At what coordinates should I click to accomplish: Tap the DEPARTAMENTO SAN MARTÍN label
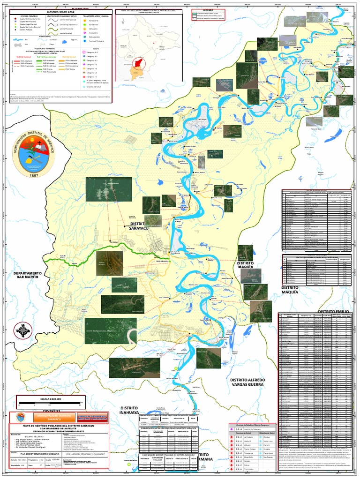pyautogui.click(x=28, y=275)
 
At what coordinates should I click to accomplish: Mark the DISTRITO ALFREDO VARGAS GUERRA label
pyautogui.click(x=247, y=382)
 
